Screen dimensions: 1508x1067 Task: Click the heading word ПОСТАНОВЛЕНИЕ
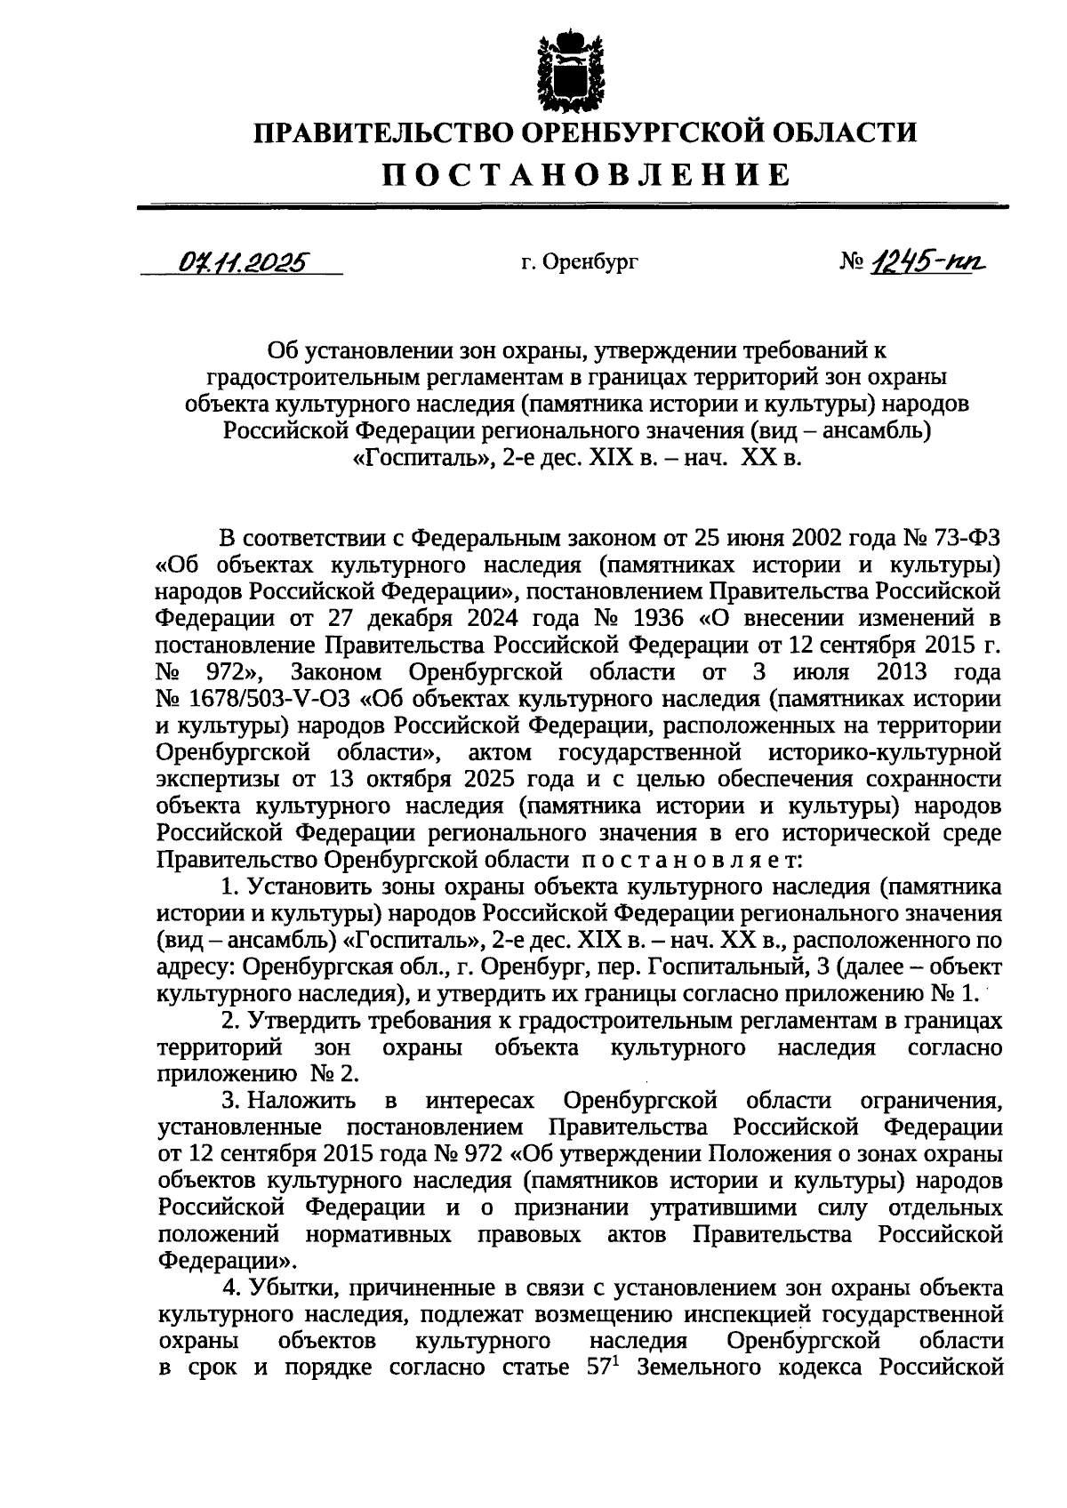tap(586, 174)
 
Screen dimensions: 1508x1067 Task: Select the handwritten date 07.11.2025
tap(242, 261)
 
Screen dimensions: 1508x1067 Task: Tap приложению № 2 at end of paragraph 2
tap(258, 1074)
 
